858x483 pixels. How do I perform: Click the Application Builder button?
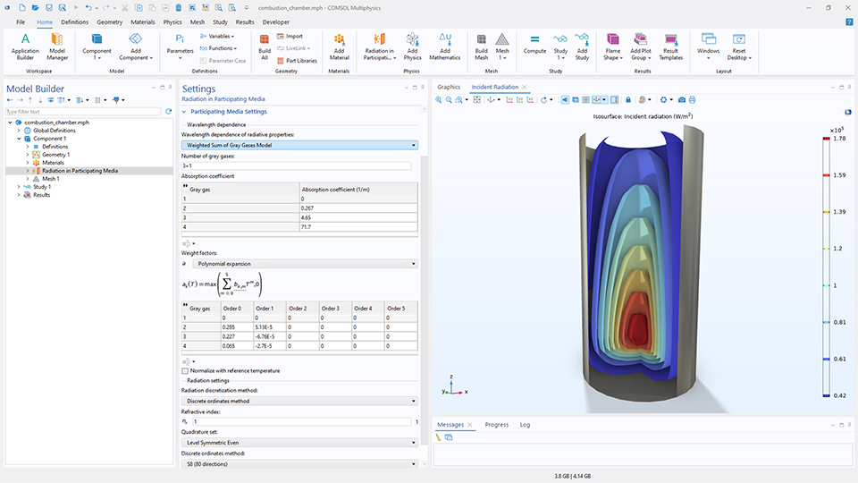25,46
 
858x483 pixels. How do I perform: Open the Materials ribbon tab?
143,21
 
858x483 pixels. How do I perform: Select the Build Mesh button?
481,46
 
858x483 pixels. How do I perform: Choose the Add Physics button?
412,46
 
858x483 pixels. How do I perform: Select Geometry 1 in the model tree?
55,154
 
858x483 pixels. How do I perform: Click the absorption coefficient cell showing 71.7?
357,227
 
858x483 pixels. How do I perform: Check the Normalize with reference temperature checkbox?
185,370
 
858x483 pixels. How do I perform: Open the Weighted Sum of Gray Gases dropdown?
299,144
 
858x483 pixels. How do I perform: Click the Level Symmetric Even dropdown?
299,442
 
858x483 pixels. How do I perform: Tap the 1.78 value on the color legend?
839,139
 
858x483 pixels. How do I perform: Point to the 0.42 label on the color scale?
839,394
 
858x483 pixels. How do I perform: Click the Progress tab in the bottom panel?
496,425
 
